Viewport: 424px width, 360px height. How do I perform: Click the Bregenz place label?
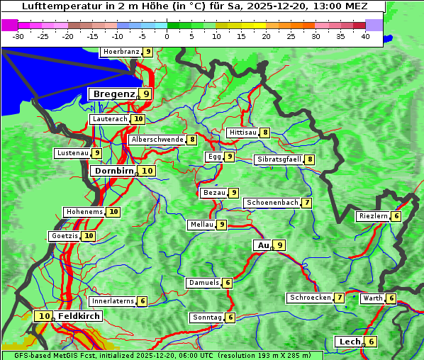[x=113, y=94]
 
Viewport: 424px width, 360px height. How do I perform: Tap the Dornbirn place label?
[x=113, y=171]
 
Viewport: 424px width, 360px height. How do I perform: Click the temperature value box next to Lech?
[x=371, y=342]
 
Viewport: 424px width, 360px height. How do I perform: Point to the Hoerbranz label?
[x=120, y=52]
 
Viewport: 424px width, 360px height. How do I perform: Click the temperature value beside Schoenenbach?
[x=306, y=203]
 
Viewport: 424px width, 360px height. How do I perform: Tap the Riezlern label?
[x=372, y=216]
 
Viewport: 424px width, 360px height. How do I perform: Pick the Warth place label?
[x=372, y=298]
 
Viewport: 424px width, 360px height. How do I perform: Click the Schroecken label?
[x=310, y=298]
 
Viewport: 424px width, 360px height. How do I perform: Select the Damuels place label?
[x=203, y=283]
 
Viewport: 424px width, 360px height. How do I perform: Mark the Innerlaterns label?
[x=113, y=301]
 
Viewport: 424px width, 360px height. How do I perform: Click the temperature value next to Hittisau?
[x=265, y=133]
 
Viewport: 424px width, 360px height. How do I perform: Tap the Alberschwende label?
[x=157, y=140]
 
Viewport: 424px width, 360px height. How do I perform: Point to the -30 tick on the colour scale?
[x=18, y=36]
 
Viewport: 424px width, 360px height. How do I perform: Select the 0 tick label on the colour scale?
[x=167, y=36]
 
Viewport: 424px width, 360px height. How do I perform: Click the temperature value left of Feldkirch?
[x=45, y=316]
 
